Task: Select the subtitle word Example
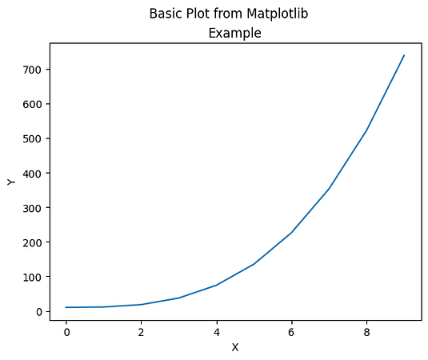(234, 33)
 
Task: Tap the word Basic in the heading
(166, 14)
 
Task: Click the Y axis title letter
(11, 182)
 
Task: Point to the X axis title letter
(234, 347)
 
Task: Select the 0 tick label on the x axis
(66, 330)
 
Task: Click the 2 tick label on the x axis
(142, 330)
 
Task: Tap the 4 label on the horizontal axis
(216, 330)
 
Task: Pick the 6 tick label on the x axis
(291, 330)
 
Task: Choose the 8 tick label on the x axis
(366, 330)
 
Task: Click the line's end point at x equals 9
(404, 55)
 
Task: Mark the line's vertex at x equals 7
(329, 189)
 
